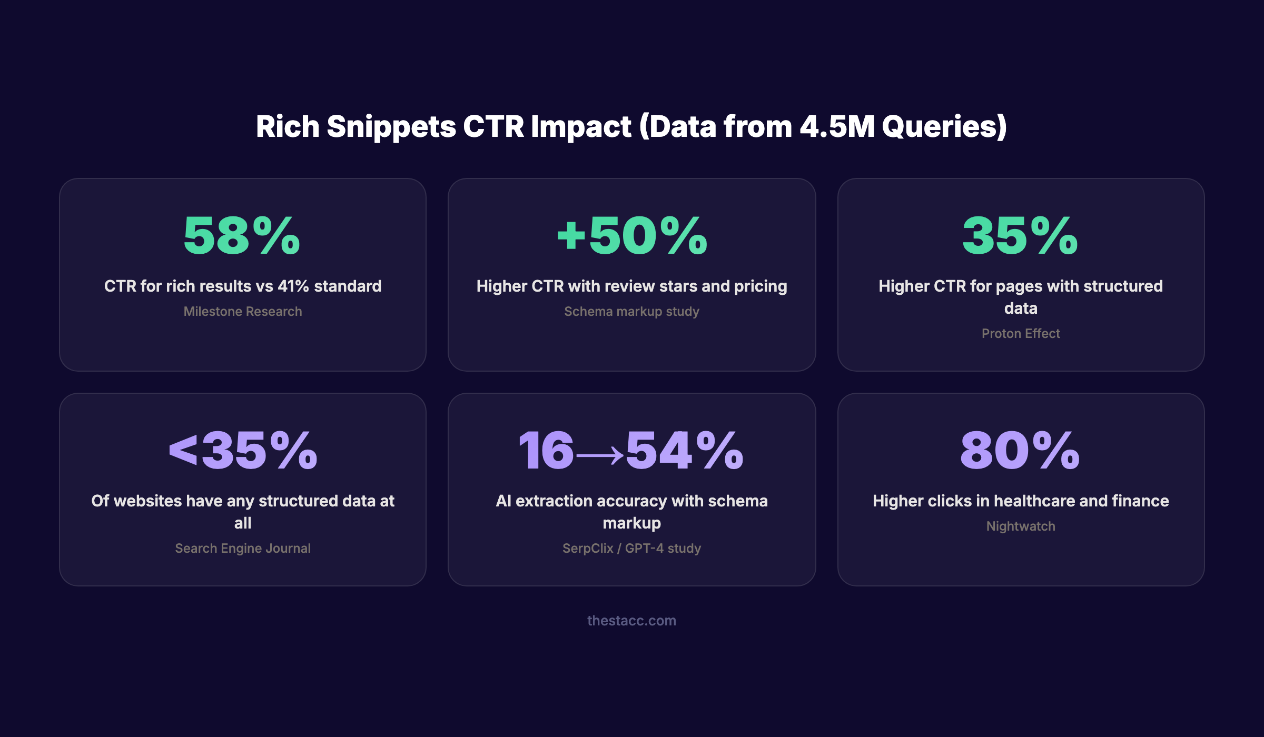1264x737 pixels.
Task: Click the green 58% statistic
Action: point(242,236)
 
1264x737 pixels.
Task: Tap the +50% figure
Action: point(631,236)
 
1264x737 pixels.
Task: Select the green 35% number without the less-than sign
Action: point(1020,236)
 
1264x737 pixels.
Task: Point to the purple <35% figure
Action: point(243,451)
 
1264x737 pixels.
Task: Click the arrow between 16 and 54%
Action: point(600,454)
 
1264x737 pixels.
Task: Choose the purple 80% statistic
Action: point(1020,451)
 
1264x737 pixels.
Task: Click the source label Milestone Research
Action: point(243,312)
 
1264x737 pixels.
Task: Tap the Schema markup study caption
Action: point(631,312)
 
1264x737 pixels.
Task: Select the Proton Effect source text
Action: point(1020,334)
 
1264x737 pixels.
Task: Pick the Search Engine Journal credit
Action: point(243,549)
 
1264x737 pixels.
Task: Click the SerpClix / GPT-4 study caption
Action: point(631,549)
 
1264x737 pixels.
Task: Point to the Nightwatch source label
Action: point(1020,526)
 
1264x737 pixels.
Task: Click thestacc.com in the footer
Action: point(631,621)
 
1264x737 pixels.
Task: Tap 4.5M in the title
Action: point(837,127)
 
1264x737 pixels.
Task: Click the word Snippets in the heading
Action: point(391,127)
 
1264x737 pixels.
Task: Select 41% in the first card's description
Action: point(293,286)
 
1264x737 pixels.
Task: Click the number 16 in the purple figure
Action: point(546,451)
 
